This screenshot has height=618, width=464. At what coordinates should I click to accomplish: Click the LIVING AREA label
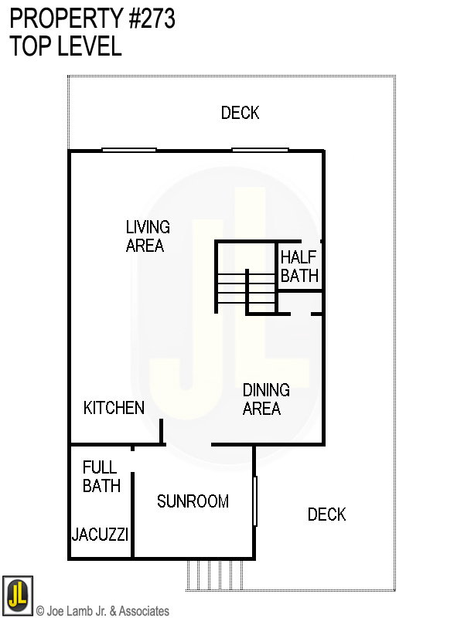point(147,236)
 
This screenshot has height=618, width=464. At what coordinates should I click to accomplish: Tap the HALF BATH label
point(299,267)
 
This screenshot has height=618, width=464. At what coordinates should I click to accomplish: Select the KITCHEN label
point(114,408)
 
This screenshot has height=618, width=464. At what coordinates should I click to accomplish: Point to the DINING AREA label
point(266,399)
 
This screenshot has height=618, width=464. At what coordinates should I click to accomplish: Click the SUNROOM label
point(193,501)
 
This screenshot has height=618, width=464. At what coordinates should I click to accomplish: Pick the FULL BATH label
point(101,477)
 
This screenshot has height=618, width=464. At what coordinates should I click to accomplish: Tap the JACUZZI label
point(100,535)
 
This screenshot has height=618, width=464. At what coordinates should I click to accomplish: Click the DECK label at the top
point(240,113)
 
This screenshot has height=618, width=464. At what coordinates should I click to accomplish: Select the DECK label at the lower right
point(326,514)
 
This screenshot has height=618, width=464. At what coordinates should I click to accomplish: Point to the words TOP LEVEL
point(66,46)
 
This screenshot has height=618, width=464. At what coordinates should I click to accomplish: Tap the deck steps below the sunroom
point(216,575)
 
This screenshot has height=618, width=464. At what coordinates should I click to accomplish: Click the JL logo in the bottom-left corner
point(17,593)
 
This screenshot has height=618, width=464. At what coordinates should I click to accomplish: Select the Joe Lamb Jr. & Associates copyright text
point(102,611)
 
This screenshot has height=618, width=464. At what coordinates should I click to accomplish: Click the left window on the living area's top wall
point(129,150)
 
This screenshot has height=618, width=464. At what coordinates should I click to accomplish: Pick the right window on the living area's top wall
point(260,149)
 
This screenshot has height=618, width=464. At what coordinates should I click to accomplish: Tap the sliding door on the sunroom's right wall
point(255,501)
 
